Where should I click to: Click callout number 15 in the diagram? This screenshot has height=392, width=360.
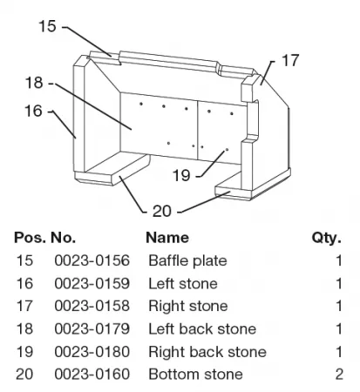click(47, 26)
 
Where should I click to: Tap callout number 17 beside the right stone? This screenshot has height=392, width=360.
click(290, 60)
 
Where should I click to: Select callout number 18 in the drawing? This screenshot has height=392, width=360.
click(34, 83)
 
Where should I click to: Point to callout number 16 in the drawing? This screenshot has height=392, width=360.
click(33, 111)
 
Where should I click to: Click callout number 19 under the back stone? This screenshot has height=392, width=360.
click(181, 175)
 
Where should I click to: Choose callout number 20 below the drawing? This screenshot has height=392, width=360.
click(162, 211)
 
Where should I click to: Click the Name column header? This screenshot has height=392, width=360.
click(167, 238)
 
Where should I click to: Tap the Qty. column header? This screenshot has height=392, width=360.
click(327, 238)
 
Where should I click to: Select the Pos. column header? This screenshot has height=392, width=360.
click(30, 238)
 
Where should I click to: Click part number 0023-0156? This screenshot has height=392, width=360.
click(92, 260)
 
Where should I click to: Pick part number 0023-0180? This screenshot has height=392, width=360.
click(92, 352)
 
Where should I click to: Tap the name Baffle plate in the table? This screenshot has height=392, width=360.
click(187, 260)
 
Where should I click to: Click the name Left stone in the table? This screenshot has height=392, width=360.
click(183, 283)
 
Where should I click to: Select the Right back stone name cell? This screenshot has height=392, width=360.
click(207, 352)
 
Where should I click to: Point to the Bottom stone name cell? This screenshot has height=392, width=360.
click(195, 374)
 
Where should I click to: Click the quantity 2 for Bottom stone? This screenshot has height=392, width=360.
click(339, 374)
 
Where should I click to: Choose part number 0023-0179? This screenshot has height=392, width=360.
click(92, 328)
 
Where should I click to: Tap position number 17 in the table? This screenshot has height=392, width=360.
click(24, 306)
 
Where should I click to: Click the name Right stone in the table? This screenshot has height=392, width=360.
click(188, 307)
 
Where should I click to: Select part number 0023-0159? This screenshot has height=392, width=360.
click(92, 283)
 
